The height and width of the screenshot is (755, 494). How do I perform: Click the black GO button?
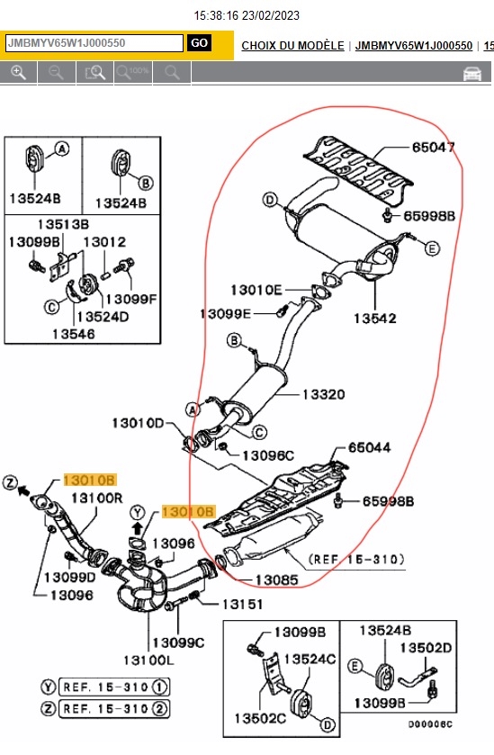(x=200, y=43)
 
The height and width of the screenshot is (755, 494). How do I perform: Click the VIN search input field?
(x=94, y=43)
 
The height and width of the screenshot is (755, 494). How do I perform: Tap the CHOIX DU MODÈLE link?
(x=292, y=46)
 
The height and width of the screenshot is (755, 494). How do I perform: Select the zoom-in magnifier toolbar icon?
(x=18, y=73)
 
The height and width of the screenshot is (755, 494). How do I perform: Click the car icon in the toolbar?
(x=472, y=74)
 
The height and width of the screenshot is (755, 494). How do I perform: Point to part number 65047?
(x=434, y=147)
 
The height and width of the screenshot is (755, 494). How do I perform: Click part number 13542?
(x=374, y=319)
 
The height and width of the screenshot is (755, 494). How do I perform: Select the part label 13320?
(x=324, y=395)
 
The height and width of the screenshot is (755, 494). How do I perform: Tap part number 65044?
(x=369, y=448)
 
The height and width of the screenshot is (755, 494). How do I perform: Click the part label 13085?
(x=276, y=580)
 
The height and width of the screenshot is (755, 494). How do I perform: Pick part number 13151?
(x=242, y=604)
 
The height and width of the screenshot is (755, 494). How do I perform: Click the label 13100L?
(x=148, y=661)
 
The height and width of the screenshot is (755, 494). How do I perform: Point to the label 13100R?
(x=97, y=498)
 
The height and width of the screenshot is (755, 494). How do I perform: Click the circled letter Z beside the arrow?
(x=10, y=482)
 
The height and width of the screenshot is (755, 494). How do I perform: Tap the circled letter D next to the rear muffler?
(x=270, y=200)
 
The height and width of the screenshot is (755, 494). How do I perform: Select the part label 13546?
(x=74, y=334)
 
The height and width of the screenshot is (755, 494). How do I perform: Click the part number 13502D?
(x=426, y=648)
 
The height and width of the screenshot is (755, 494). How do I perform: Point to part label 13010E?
(x=256, y=290)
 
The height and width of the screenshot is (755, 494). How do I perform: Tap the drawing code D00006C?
(x=430, y=724)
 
